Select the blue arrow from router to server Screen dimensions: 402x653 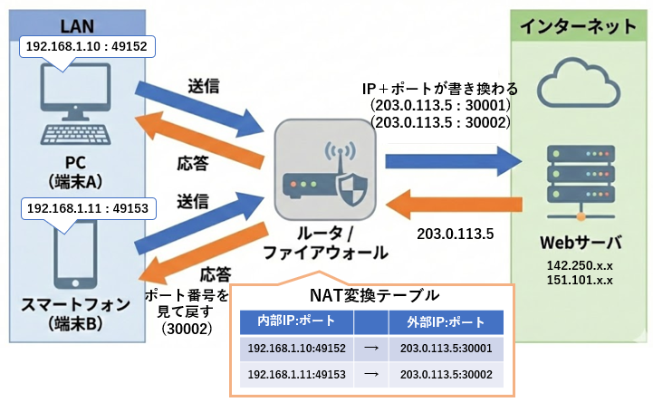pos(453,161)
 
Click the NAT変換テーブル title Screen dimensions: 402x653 pos(373,295)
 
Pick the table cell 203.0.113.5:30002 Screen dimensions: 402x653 pos(439,374)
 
